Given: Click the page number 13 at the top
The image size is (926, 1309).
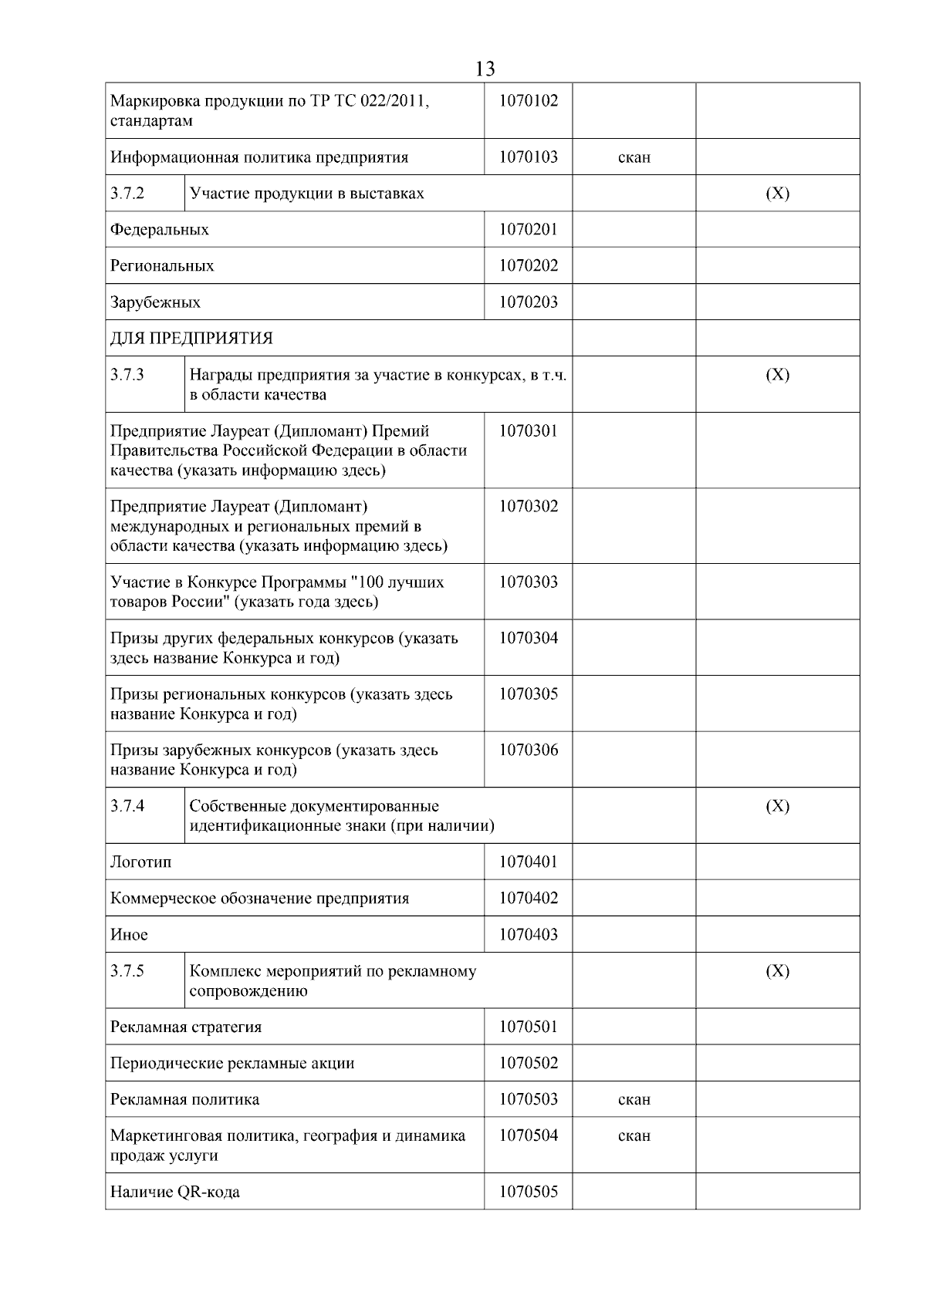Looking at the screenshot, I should (485, 69).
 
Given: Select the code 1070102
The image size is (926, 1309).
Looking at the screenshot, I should (528, 101).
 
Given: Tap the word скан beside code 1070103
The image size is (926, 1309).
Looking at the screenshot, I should (634, 157).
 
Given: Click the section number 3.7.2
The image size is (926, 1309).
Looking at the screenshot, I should (127, 194).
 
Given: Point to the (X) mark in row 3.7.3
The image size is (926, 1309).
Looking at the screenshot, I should (777, 375).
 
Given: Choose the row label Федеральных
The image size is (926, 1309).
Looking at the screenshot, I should (160, 230).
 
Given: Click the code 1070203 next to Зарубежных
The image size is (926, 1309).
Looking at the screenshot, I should (528, 302).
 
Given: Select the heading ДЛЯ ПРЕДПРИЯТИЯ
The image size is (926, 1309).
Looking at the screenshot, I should (191, 339).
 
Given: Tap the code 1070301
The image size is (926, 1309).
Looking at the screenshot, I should (528, 431).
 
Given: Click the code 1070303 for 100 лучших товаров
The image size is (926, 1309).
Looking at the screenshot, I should (528, 582).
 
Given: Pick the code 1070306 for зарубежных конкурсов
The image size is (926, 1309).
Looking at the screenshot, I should (528, 750).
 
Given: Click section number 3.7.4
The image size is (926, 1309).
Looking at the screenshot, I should (127, 806).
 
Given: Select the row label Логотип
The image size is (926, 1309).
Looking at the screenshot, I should (141, 862).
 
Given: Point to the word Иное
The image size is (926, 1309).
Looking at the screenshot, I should (129, 935).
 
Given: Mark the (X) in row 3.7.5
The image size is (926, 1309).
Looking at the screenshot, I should (777, 971).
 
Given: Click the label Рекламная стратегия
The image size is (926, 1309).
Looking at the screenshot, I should (186, 1027).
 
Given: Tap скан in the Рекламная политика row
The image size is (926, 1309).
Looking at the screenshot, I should (634, 1100).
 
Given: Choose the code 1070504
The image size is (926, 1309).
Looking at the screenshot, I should (528, 1135).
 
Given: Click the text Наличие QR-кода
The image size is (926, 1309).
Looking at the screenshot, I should (175, 1193).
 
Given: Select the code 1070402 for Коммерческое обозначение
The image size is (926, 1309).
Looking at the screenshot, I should (528, 899).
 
